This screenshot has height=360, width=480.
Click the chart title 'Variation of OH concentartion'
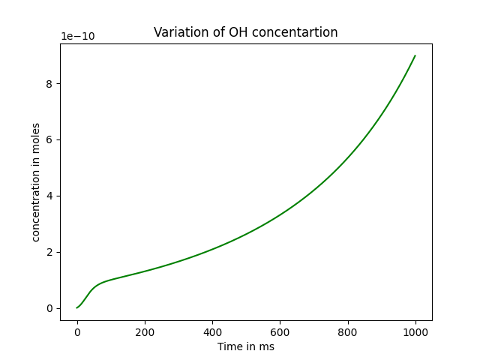(x=245, y=32)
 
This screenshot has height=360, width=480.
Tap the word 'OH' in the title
(x=233, y=32)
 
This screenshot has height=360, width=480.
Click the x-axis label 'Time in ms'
(x=245, y=346)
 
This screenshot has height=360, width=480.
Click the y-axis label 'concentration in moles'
(x=36, y=182)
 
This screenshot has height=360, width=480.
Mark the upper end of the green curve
(x=415, y=55)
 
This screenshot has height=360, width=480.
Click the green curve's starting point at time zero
(x=77, y=307)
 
